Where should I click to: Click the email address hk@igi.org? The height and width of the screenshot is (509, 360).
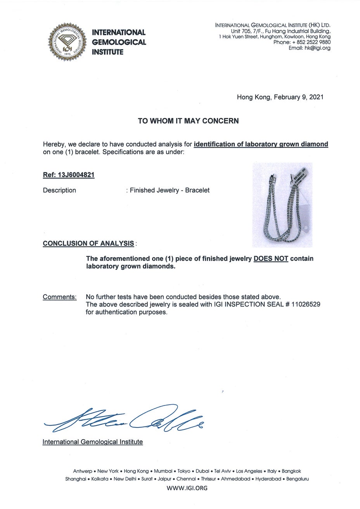[310, 48]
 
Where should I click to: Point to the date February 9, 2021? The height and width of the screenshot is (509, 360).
[299, 97]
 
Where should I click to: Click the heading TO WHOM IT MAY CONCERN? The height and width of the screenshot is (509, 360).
[188, 121]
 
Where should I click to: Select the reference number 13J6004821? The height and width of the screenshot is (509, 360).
[76, 175]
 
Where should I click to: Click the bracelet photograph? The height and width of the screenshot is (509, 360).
[282, 205]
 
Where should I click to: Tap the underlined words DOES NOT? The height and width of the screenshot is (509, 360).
[271, 259]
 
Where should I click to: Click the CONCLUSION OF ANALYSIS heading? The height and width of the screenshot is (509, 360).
[88, 244]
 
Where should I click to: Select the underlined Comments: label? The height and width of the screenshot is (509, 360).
[59, 297]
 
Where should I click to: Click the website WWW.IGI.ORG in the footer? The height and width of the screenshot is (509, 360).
[187, 488]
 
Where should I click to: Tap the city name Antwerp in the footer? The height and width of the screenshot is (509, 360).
[83, 471]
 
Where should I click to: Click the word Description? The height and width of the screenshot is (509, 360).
[59, 190]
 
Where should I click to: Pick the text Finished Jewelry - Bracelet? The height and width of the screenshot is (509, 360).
[170, 190]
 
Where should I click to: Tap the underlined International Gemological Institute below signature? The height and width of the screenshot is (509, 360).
[92, 442]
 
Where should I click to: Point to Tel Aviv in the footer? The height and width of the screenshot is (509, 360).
[223, 471]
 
